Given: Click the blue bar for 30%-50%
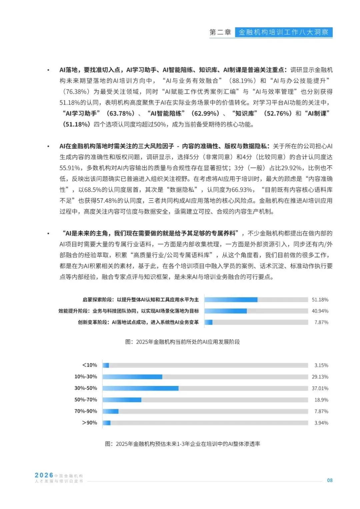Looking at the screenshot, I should tap(140, 388).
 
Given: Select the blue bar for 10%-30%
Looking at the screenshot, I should tap(132, 377).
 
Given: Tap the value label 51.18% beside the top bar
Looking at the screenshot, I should tap(320, 300).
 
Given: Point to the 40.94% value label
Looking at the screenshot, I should tap(320, 311).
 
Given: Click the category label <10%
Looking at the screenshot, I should tap(89, 365).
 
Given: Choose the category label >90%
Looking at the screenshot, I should tap(89, 423).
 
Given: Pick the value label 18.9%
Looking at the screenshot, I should tap(321, 400).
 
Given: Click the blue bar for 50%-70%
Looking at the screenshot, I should tap(122, 400).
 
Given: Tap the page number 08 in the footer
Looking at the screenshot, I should tap(330, 480).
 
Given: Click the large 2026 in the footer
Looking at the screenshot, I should tap(44, 475).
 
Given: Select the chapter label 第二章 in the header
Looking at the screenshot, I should tap(220, 32).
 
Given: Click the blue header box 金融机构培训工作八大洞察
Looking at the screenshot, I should tap(284, 32).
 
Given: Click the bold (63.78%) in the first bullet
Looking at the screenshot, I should tap(120, 113).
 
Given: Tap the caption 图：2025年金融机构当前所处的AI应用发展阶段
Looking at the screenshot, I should tap(182, 342).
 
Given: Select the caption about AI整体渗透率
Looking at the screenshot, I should tap(182, 444).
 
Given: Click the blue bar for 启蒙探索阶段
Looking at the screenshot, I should tap(231, 300).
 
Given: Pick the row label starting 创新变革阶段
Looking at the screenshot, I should tap(138, 322).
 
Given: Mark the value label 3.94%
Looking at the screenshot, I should tap(321, 423).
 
